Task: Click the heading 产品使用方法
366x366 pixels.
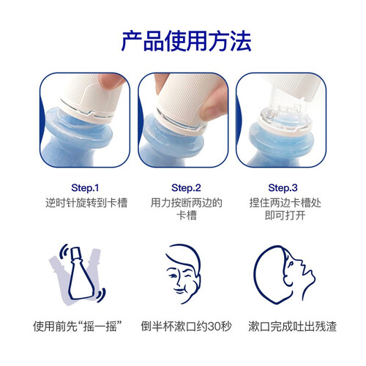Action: click(187, 41)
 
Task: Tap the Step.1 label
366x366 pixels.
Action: click(85, 188)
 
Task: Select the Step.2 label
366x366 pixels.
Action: click(186, 188)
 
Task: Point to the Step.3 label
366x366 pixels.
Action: click(283, 188)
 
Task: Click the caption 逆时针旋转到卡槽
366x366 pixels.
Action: click(86, 203)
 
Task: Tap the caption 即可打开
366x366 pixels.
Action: click(285, 215)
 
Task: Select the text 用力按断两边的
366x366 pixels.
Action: click(186, 203)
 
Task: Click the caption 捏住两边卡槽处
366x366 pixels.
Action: click(285, 203)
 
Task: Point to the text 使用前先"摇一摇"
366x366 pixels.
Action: click(78, 326)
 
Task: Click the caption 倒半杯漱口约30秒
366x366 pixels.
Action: click(186, 326)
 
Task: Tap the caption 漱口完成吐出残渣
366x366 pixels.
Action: click(293, 326)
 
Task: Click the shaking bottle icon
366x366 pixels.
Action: click(78, 274)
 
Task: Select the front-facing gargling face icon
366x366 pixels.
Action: click(183, 273)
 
